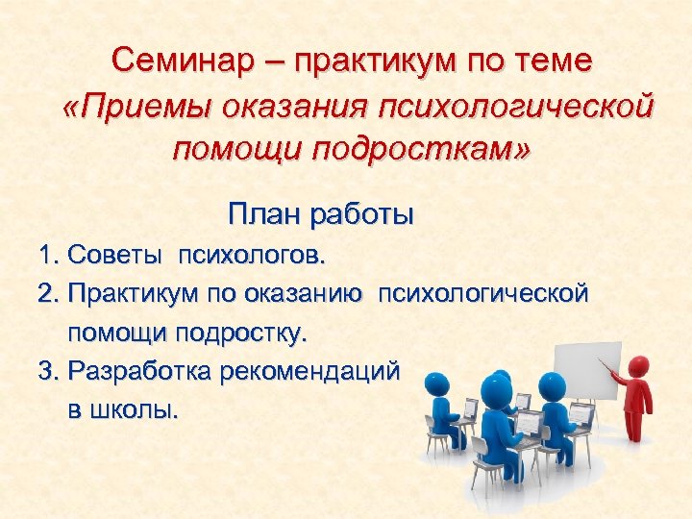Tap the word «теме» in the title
click(553, 61)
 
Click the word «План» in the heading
click(263, 213)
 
